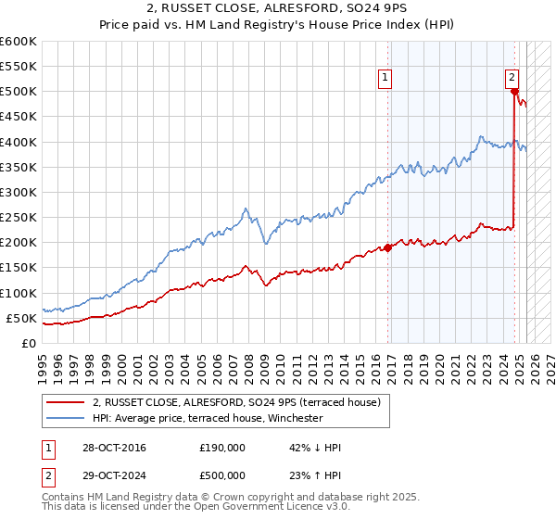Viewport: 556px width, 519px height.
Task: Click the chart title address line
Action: click(277, 10)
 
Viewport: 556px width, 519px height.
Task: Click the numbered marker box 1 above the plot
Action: click(384, 79)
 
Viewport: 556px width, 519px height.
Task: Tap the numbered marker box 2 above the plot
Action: click(512, 79)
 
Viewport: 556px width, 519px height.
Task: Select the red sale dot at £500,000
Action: click(513, 91)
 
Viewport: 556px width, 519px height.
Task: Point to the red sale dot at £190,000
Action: click(388, 247)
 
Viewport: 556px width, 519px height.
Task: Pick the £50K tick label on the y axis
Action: click(22, 318)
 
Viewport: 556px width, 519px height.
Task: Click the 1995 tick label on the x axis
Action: click(42, 363)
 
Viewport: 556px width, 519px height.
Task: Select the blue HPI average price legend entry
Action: click(207, 418)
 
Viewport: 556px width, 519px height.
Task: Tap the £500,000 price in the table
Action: click(222, 478)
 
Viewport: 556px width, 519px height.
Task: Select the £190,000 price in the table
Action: click(222, 448)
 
